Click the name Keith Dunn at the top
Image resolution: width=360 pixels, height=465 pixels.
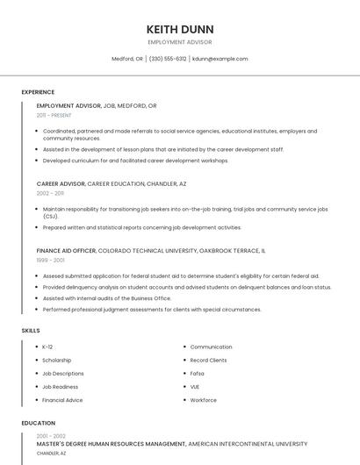179,27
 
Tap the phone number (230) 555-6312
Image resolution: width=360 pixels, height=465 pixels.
168,59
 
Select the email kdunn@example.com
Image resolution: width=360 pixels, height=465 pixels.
220,59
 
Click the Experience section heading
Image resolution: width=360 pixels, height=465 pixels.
38,92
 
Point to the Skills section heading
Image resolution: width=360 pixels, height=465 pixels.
31,330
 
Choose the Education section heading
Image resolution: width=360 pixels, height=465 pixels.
38,423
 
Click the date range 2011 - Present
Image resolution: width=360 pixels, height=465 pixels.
54,115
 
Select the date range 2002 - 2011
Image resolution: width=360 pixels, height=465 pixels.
50,193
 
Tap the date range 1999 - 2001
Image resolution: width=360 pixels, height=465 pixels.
50,260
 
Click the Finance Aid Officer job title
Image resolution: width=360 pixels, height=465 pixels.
66,250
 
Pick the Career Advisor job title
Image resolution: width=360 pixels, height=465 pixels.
61,183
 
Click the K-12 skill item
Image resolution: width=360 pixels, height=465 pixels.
47,347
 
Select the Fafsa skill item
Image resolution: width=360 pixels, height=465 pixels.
197,373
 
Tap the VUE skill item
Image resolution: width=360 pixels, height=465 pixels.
195,386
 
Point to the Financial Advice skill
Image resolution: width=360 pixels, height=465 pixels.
62,400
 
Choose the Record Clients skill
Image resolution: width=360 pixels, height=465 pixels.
208,360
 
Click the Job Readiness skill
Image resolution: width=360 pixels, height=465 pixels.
60,386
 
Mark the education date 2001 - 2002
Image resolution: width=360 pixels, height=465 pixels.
51,435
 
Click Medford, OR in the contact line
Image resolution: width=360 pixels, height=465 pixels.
127,59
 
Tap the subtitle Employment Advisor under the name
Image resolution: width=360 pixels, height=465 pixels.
179,42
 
